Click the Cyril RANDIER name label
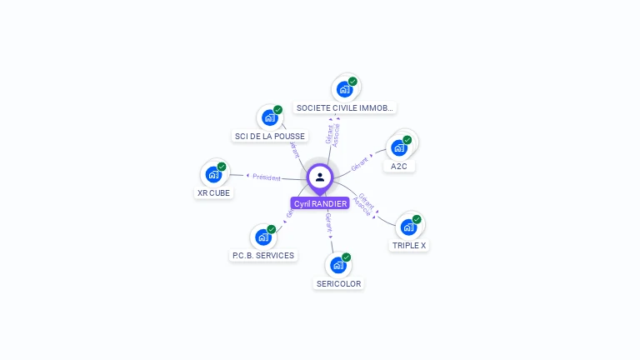click(320, 203)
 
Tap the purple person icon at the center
click(320, 177)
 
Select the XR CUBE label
click(214, 192)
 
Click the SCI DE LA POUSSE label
click(270, 136)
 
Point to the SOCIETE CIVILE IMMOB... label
click(345, 108)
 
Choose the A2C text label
click(399, 166)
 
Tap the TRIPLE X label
click(409, 246)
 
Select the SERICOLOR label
click(339, 283)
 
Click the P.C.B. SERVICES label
click(263, 255)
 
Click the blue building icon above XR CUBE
click(213, 175)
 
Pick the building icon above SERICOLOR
click(338, 265)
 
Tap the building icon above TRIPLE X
click(408, 227)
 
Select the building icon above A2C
click(399, 147)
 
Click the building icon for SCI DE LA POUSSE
click(269, 117)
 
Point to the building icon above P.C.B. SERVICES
click(263, 237)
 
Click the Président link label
click(267, 177)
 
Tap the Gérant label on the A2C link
click(359, 165)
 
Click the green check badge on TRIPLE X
click(417, 219)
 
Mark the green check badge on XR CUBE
click(222, 167)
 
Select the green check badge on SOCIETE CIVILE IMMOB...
click(352, 82)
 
